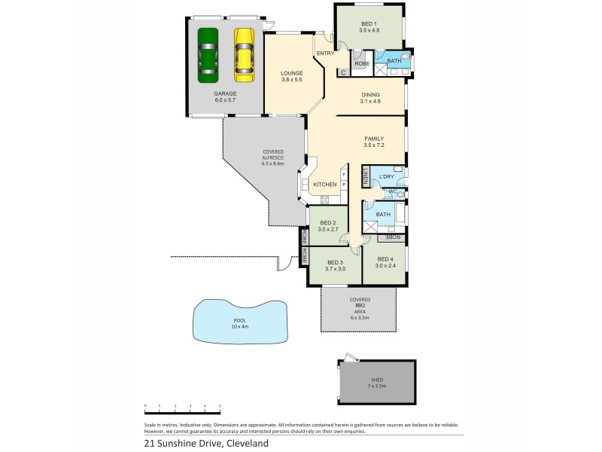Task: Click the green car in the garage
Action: click(208, 55)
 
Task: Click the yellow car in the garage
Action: click(244, 55)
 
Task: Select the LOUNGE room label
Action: click(291, 73)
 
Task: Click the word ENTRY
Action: click(325, 53)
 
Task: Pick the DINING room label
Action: click(369, 95)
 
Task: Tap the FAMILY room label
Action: click(374, 139)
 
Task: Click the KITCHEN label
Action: click(324, 185)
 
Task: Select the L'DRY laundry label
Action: click(387, 177)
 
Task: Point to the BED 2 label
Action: click(327, 222)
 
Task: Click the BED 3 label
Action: click(335, 262)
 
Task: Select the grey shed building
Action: click(377, 382)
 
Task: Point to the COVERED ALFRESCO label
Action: click(272, 157)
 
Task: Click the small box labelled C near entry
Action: click(343, 72)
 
